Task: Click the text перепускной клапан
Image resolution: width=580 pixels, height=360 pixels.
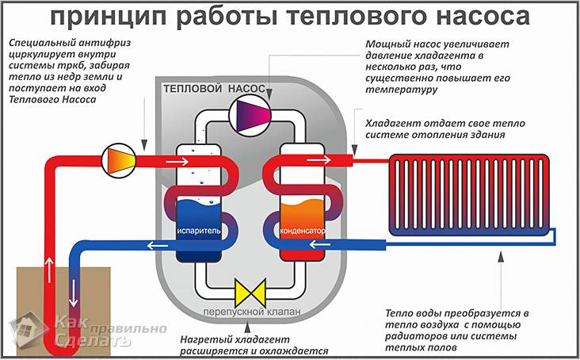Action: click(x=251, y=312)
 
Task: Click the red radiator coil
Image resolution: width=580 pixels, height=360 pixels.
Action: click(x=467, y=194)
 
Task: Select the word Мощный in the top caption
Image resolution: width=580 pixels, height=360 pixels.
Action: click(x=386, y=44)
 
